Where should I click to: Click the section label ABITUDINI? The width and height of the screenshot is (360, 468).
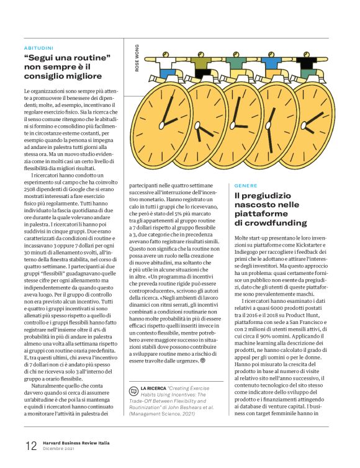pos(38,47)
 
